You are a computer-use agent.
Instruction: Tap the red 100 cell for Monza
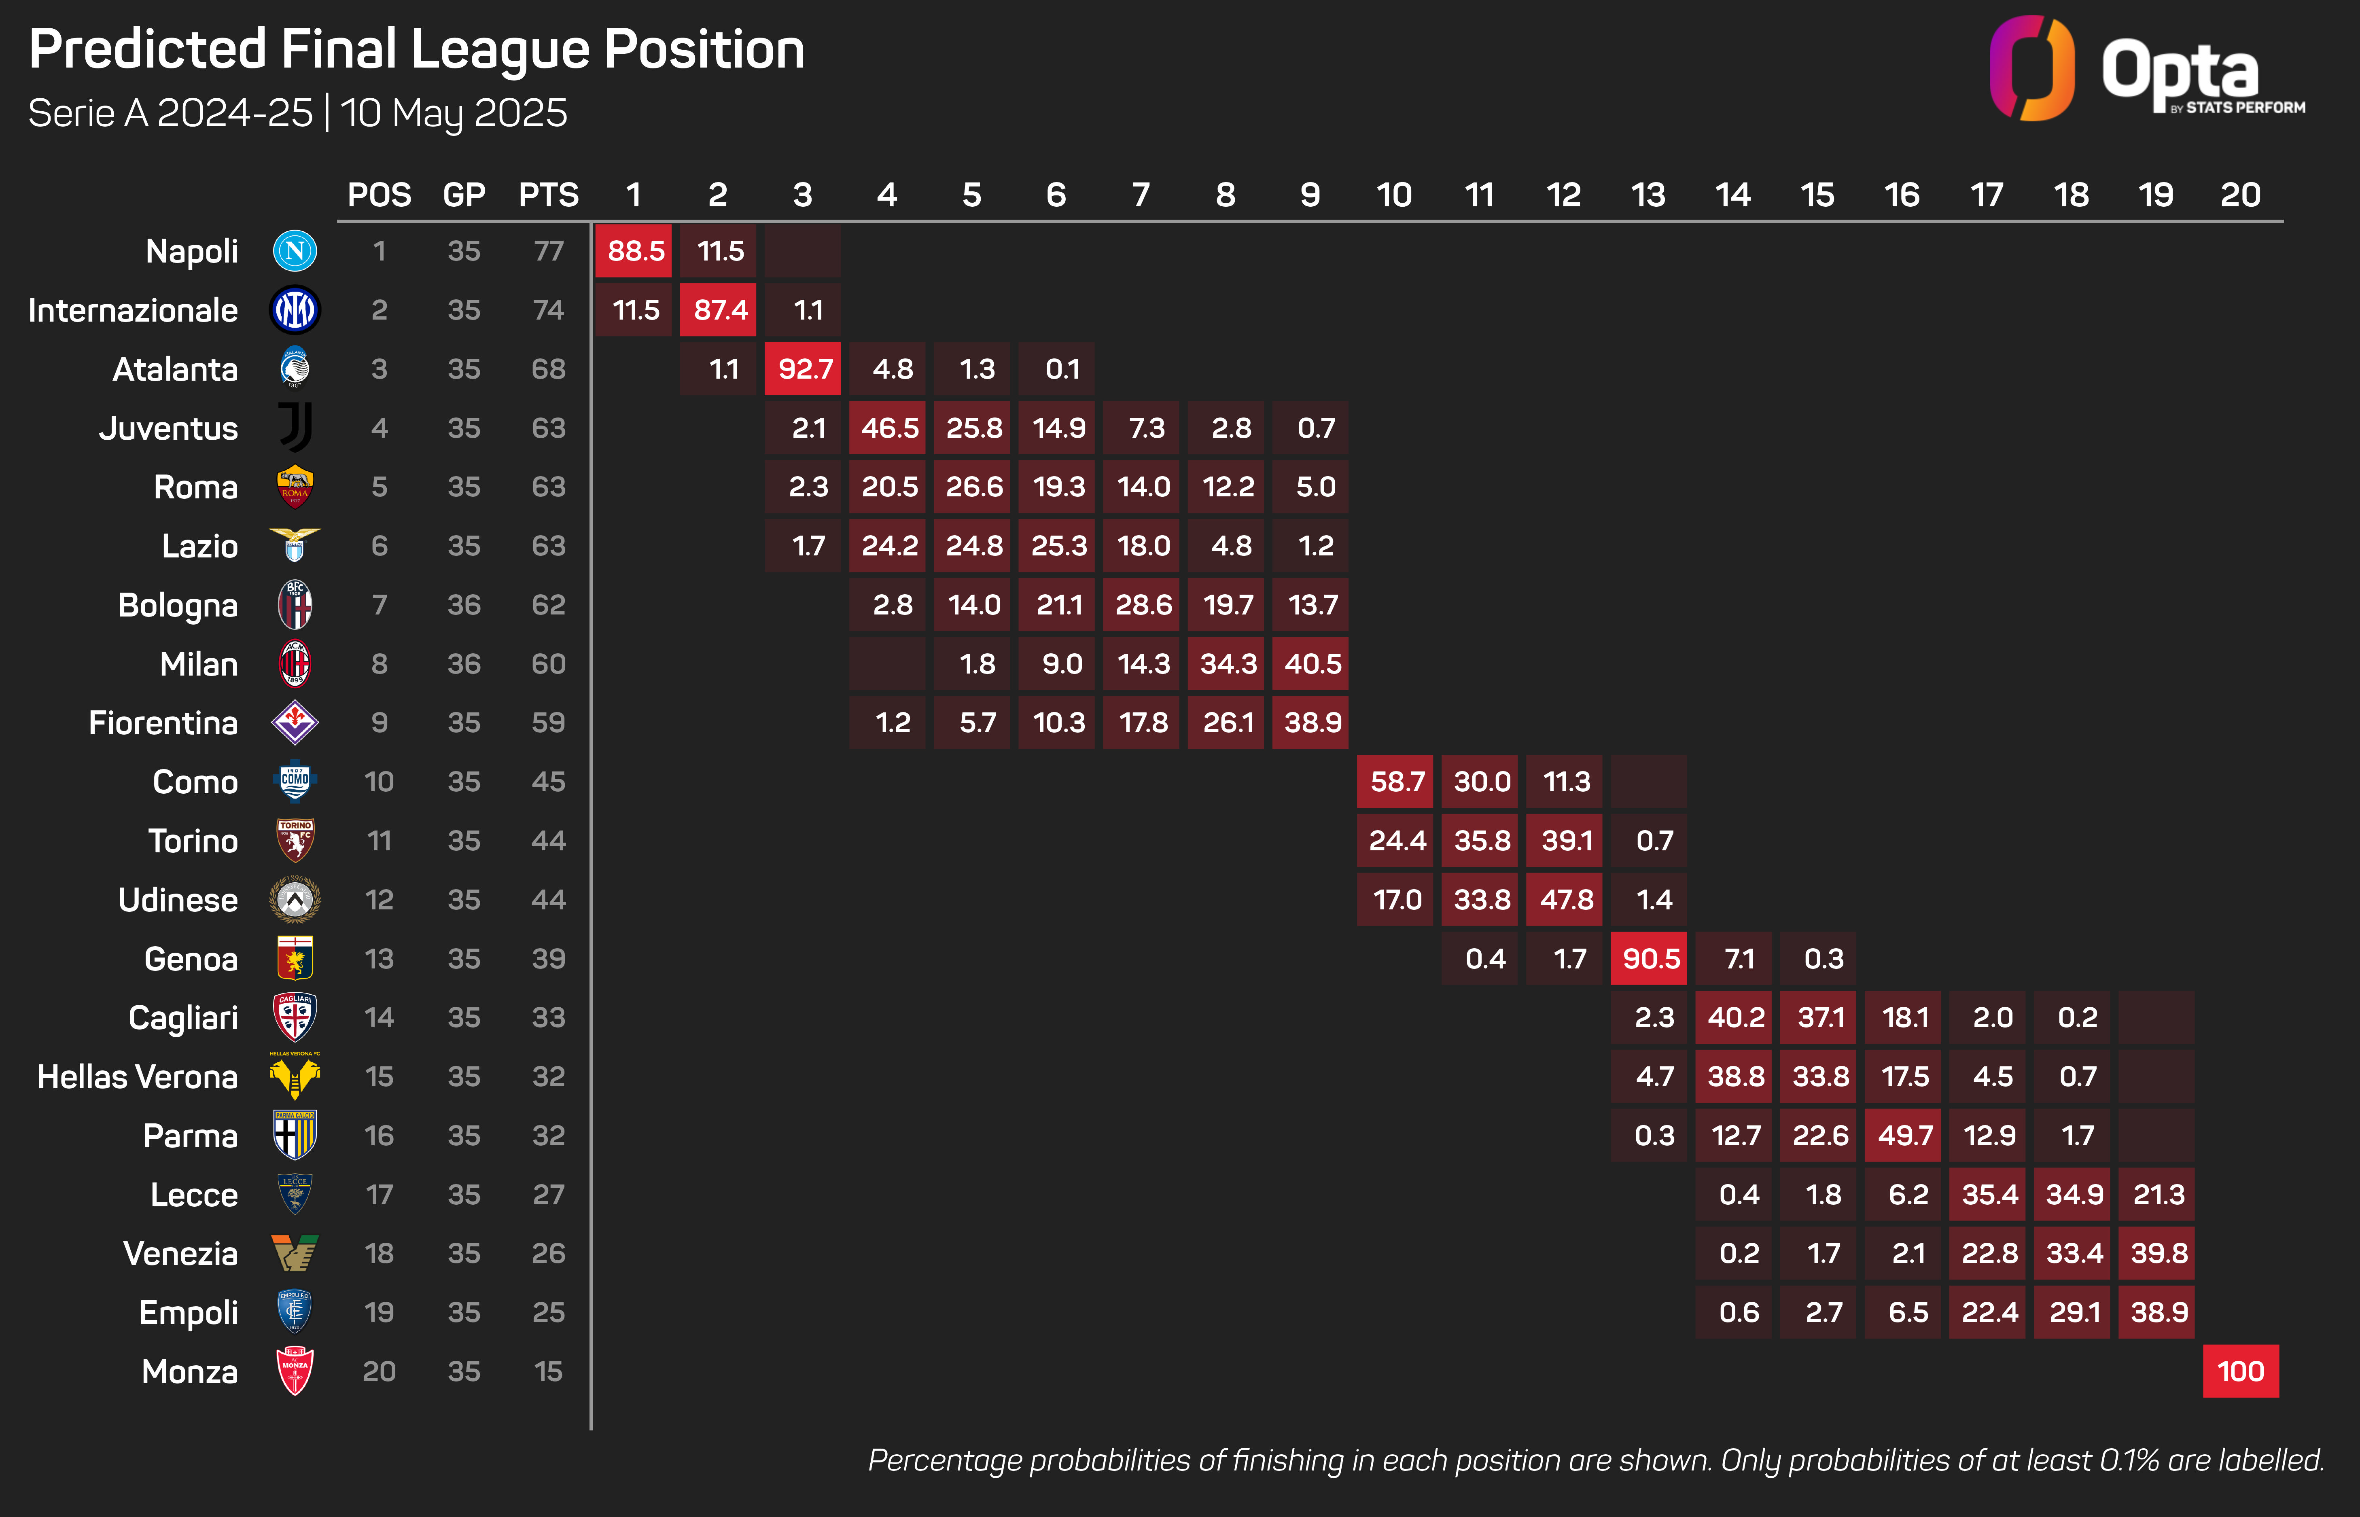[2240, 1371]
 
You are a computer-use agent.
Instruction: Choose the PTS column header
[549, 195]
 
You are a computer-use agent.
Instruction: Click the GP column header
[464, 195]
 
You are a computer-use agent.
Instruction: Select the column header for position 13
[1648, 195]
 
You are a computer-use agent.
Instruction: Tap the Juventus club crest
[295, 428]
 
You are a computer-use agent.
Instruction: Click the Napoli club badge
[295, 251]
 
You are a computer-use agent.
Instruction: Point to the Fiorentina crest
[295, 723]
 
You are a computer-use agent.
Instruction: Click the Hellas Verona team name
[138, 1077]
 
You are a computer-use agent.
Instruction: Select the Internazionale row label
[133, 310]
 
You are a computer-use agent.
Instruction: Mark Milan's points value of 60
[549, 664]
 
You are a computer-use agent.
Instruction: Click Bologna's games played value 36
[464, 605]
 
